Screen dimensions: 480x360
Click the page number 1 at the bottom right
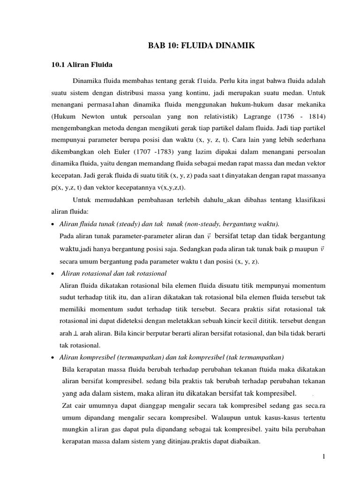[323, 457]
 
